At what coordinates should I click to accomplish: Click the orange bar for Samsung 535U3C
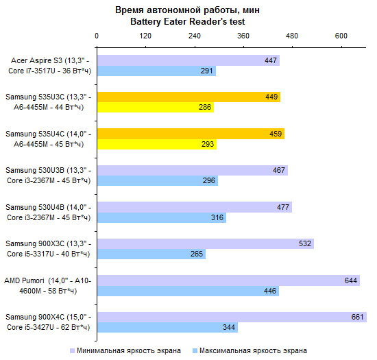188,97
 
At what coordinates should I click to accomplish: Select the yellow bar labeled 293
157,144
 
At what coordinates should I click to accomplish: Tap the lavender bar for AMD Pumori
228,280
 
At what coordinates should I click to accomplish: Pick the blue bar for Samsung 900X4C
167,327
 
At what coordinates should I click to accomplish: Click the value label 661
357,317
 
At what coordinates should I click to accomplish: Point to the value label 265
197,254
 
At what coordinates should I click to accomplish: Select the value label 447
271,60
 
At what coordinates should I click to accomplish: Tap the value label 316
217,217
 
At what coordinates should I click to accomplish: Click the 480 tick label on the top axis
292,36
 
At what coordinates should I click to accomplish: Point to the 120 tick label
145,36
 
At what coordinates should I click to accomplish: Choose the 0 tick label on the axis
97,36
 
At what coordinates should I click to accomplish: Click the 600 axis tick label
341,36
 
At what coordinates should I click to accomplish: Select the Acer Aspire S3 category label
49,66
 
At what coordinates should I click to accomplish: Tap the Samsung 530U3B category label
49,176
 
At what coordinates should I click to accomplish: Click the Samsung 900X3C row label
49,249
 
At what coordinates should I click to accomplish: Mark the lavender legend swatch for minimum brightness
72,351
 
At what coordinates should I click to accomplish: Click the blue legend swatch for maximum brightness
195,351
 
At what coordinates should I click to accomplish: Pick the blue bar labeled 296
158,180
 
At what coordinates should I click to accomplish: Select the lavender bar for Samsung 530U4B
195,207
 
